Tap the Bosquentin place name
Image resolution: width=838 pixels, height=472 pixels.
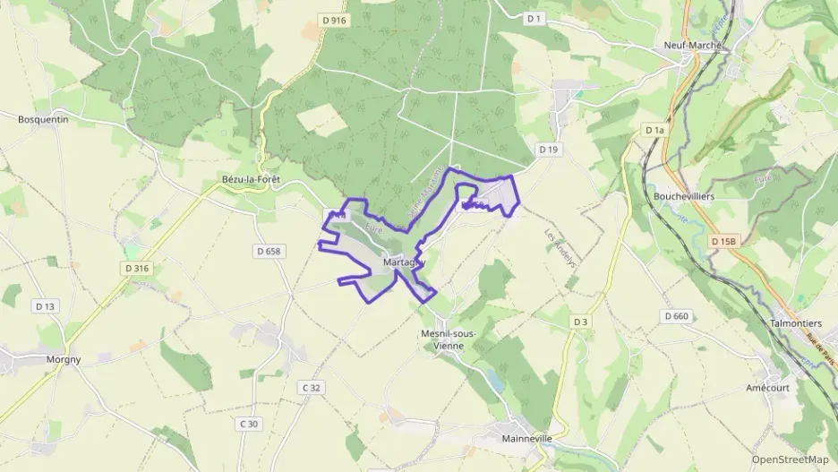pos(43,118)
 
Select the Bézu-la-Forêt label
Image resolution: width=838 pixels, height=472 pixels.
pos(251,180)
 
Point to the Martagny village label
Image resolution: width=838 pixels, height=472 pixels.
pos(400,262)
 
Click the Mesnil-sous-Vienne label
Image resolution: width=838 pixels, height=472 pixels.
pos(449,339)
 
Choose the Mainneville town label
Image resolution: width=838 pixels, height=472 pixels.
pos(526,439)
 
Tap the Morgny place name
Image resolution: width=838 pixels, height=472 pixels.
pos(63,360)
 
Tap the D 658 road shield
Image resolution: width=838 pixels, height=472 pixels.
pos(267,252)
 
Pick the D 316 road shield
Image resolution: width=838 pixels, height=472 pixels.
pos(136,268)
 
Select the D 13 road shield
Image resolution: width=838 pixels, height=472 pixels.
pos(45,306)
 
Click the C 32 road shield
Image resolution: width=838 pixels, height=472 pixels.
pos(311,387)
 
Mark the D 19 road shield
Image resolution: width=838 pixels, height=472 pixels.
pos(548,149)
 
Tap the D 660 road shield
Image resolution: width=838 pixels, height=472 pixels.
pos(677,316)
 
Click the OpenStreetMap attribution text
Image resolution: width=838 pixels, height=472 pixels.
pos(790,459)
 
